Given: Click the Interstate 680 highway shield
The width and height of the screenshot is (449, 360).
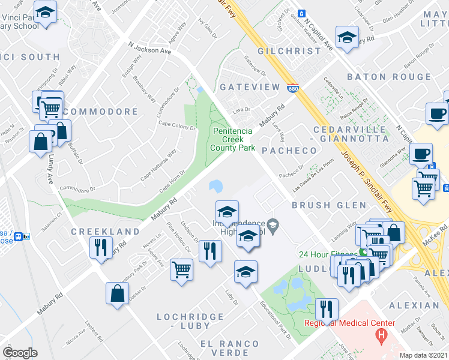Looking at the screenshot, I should click(x=292, y=88).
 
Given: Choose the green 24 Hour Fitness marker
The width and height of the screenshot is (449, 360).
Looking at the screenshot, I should click(x=363, y=252).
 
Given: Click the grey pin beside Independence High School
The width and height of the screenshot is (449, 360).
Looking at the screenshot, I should click(x=273, y=226).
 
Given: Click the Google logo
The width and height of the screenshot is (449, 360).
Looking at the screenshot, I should click(x=20, y=353).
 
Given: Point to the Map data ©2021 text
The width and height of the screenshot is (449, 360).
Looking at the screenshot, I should click(x=423, y=355).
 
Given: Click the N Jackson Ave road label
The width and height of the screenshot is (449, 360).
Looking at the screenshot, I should click(x=150, y=48).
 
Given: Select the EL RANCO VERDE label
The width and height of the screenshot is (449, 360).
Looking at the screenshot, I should click(x=230, y=344).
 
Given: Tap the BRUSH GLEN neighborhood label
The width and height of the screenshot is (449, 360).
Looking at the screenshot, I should click(x=319, y=205).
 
